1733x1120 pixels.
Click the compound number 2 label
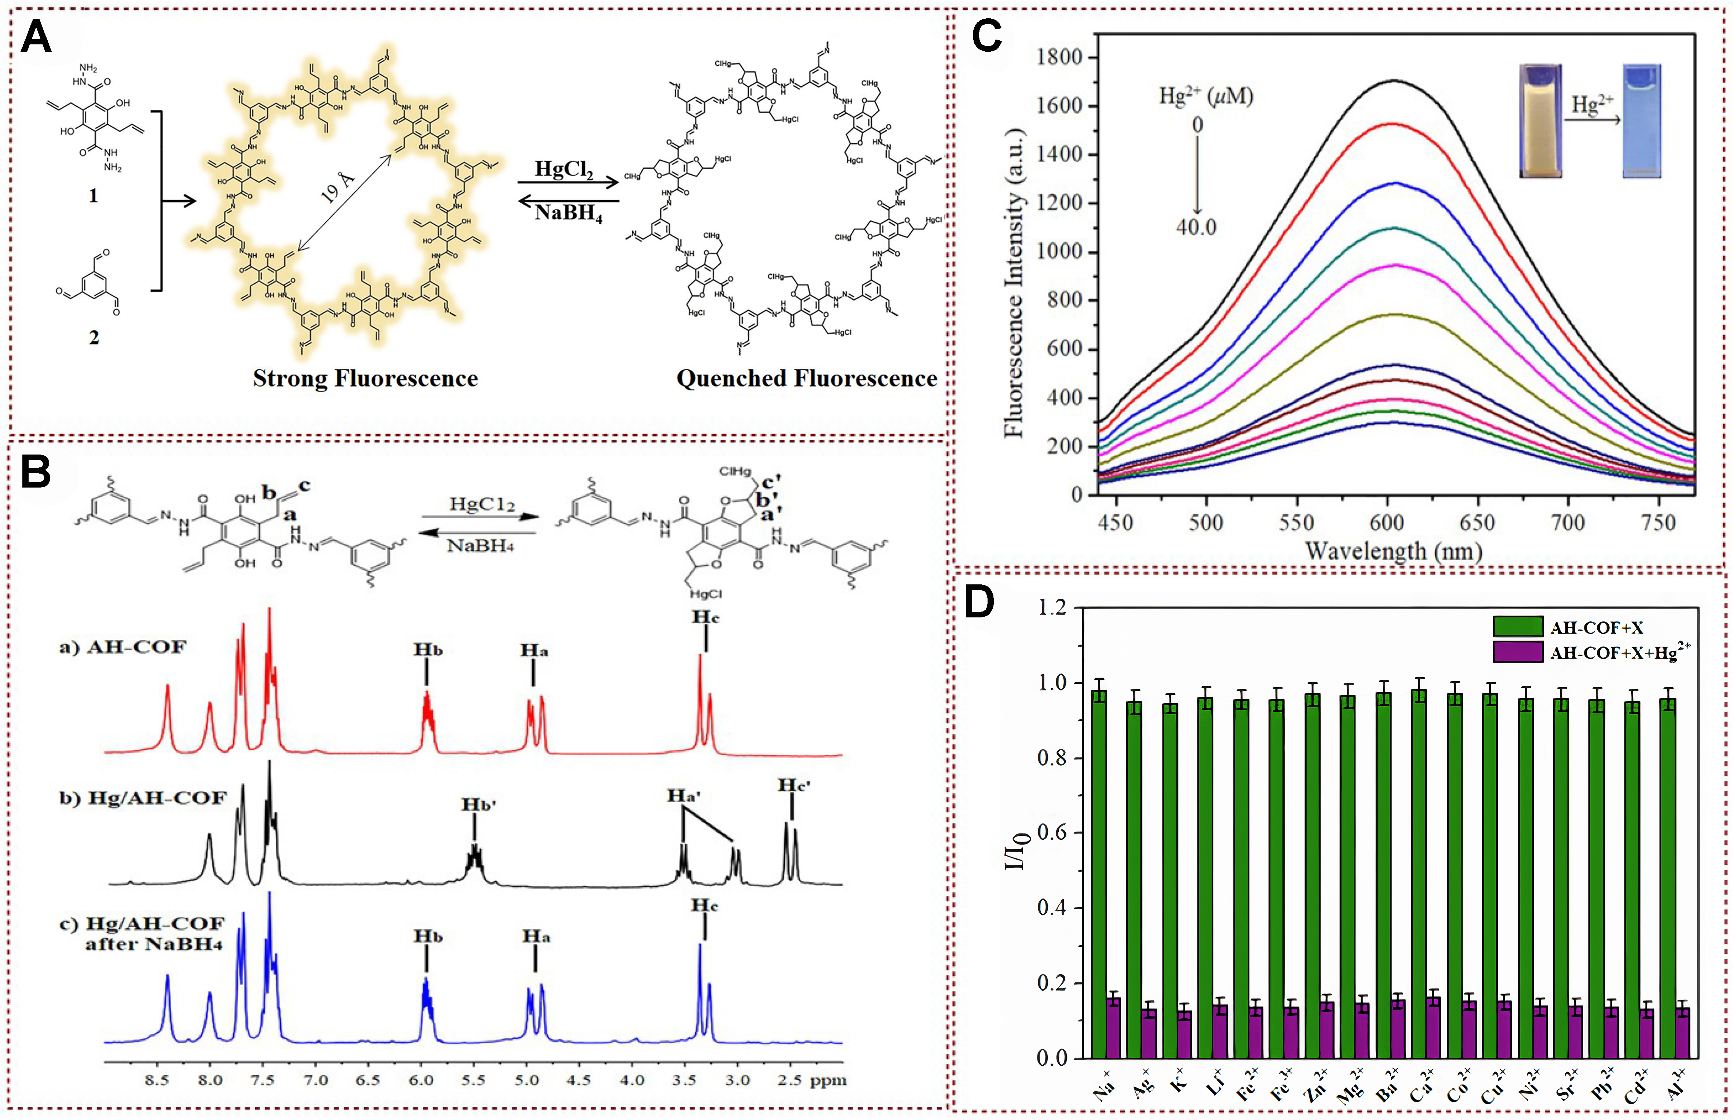pyautogui.click(x=94, y=338)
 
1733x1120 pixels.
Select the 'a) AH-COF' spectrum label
pyautogui.click(x=122, y=646)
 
